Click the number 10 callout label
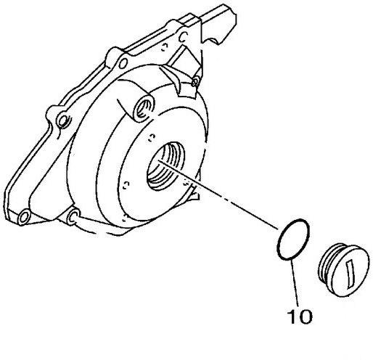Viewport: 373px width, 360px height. click(300, 316)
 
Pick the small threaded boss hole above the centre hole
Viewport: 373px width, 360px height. click(144, 108)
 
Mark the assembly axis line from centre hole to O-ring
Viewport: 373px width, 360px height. click(218, 195)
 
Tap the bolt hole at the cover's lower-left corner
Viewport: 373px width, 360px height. click(24, 217)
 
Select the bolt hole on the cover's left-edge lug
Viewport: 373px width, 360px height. click(62, 120)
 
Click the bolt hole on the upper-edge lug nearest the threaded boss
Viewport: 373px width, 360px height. click(123, 63)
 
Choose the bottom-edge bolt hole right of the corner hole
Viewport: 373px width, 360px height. click(73, 216)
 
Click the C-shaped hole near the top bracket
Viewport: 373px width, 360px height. click(183, 37)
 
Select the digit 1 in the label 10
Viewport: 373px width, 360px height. click(292, 316)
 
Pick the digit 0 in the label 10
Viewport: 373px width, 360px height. click(305, 316)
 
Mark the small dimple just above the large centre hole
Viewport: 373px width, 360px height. click(152, 138)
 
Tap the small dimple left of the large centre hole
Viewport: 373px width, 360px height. click(126, 185)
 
